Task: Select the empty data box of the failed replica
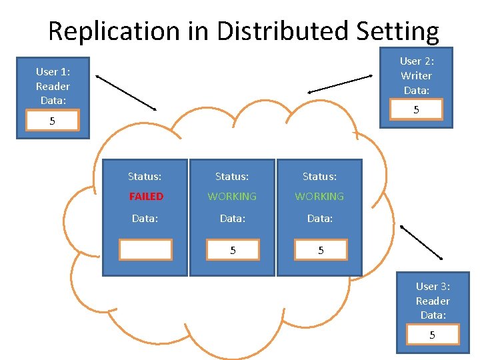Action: (145, 249)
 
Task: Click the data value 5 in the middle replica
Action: (233, 250)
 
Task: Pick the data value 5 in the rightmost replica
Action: (320, 250)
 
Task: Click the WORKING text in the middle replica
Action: (232, 197)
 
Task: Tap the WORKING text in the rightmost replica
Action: (319, 197)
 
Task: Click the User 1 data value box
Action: (52, 121)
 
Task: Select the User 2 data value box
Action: (417, 109)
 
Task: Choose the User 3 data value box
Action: (432, 335)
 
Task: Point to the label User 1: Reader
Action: (53, 79)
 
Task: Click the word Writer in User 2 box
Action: (416, 76)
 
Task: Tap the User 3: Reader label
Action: (433, 293)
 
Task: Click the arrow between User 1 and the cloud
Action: (125, 93)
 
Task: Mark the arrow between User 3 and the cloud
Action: (421, 242)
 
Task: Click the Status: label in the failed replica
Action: (145, 177)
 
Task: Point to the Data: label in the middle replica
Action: (232, 218)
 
